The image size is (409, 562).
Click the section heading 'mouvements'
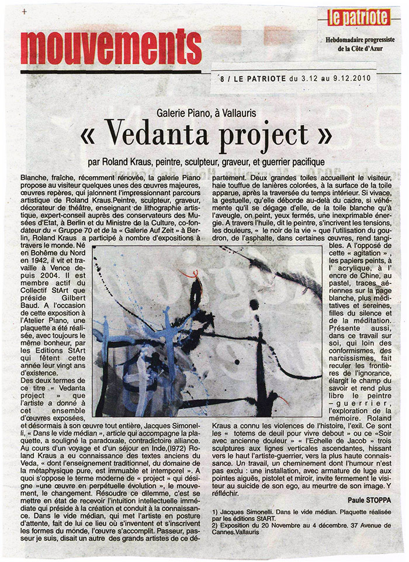coord(110,46)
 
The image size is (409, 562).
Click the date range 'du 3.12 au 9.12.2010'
coord(318,77)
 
